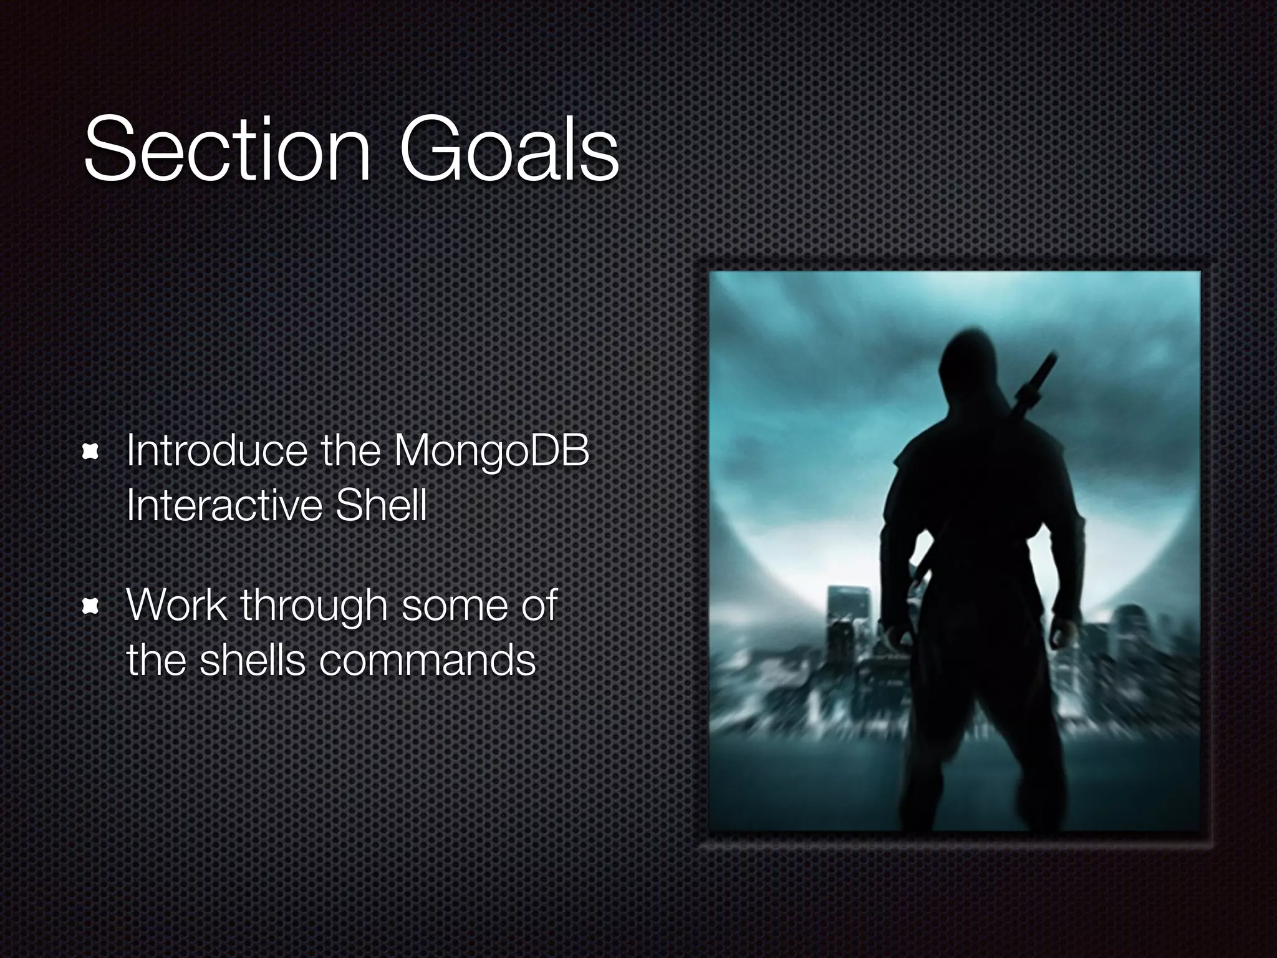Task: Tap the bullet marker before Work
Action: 91,606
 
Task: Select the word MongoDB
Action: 491,452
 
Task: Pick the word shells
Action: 252,660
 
